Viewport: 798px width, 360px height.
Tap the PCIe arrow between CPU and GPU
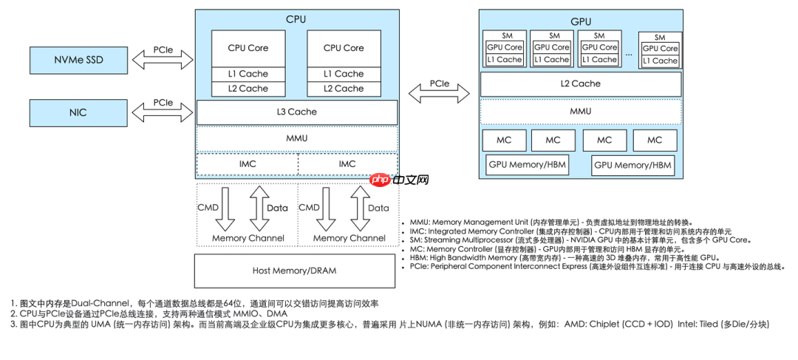coord(439,92)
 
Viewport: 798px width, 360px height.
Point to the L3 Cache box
coord(296,112)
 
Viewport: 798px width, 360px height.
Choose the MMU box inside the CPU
coord(296,138)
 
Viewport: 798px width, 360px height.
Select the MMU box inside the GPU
coord(580,112)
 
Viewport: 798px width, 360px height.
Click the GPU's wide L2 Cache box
coord(580,84)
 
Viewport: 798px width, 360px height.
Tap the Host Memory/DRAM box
coord(294,271)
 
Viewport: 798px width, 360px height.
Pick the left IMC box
coord(247,163)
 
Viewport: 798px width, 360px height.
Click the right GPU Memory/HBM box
coord(633,165)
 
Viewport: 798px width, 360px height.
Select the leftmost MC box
coord(504,140)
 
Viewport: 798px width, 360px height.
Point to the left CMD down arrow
coord(227,208)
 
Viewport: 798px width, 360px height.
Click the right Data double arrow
coord(359,208)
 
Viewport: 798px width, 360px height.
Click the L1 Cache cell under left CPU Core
coord(248,74)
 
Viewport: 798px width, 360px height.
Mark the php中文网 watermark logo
coord(399,180)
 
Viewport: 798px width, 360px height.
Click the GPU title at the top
coord(580,22)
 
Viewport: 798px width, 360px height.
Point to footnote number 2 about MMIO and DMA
coord(148,313)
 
